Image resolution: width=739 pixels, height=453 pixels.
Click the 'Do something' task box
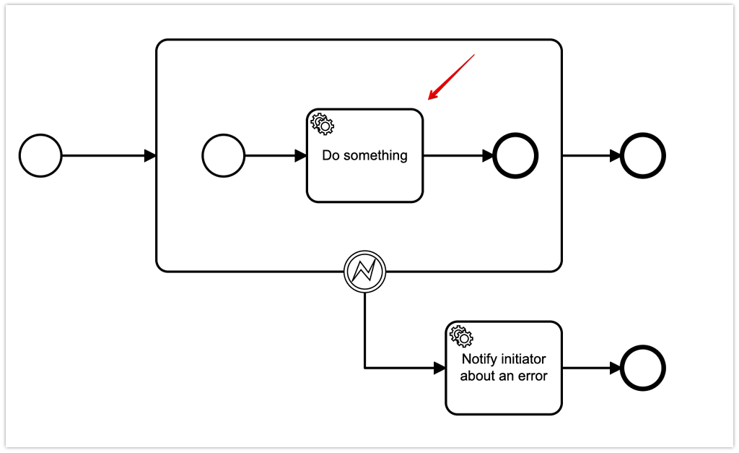(x=364, y=173)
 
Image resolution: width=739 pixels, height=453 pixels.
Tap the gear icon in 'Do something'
(x=322, y=124)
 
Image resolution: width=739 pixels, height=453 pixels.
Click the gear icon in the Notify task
(x=461, y=336)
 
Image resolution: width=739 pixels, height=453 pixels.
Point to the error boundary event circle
(x=364, y=272)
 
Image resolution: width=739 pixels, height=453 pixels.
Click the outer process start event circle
(x=40, y=155)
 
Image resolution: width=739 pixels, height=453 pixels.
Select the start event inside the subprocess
(x=224, y=155)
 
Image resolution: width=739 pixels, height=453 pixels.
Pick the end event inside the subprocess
(x=515, y=155)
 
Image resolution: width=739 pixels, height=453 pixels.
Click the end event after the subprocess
(x=642, y=155)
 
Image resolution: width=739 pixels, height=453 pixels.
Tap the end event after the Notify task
(x=642, y=368)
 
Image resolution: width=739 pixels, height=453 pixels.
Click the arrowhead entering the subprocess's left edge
(x=150, y=155)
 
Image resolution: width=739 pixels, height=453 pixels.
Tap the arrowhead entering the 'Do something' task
(x=300, y=155)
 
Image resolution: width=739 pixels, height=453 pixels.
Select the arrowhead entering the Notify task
(x=440, y=368)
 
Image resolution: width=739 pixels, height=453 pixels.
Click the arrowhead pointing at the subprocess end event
(x=487, y=155)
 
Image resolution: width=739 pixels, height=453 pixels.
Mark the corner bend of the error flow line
(x=364, y=368)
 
